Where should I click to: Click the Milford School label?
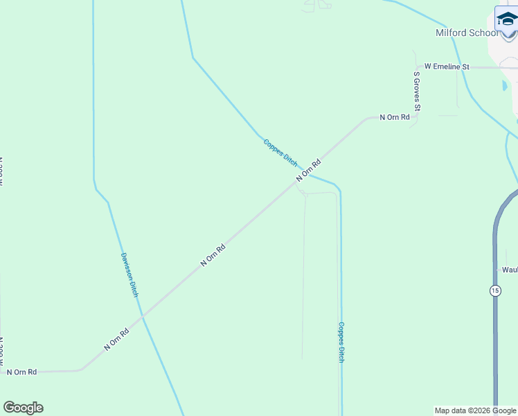[467, 33]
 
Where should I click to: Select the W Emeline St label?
[447, 67]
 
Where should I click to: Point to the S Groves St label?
[417, 91]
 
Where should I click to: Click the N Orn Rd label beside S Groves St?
[394, 118]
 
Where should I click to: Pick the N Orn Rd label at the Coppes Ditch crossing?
[309, 171]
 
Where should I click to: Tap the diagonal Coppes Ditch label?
[280, 152]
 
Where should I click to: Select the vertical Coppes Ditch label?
[341, 342]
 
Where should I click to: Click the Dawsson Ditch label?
[129, 274]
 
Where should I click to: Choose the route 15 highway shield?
[494, 291]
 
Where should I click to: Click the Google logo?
[23, 408]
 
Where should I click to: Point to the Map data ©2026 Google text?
[476, 410]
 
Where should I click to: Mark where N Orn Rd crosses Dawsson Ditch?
[142, 316]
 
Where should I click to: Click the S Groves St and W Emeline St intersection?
[417, 67]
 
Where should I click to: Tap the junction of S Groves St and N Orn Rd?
[417, 117]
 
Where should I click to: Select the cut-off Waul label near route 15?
[510, 270]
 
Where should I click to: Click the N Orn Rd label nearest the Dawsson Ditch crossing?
[117, 339]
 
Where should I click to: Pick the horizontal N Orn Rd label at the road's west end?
[21, 372]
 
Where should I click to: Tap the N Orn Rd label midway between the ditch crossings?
[213, 255]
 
